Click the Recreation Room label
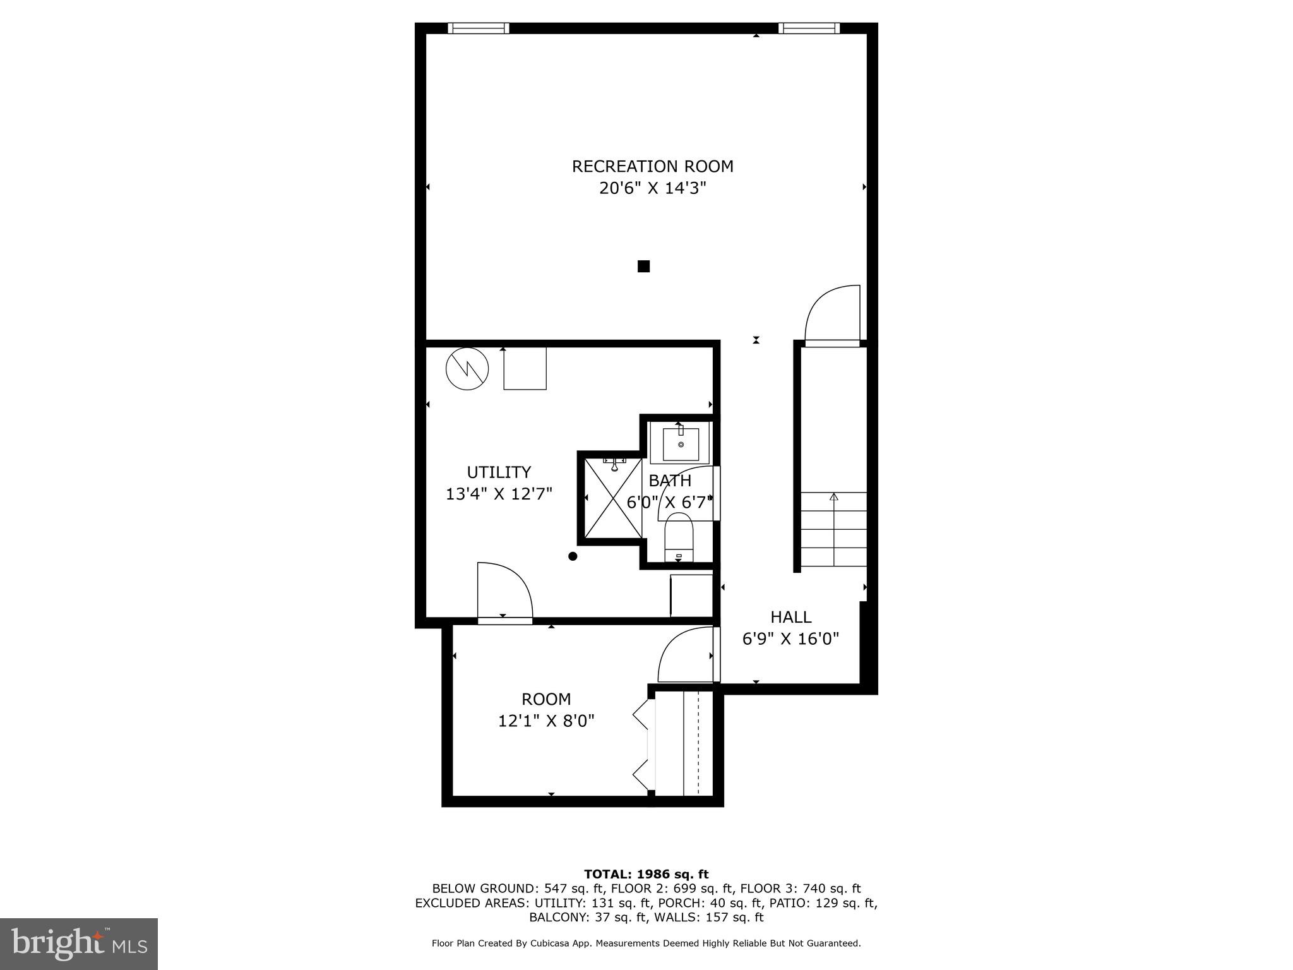point(652,167)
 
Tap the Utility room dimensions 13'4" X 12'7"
point(499,494)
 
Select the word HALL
point(790,617)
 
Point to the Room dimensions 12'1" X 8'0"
point(546,721)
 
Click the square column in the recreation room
point(643,266)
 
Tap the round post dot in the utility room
point(573,556)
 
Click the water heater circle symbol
point(467,369)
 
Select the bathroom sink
point(681,444)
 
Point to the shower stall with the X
point(612,499)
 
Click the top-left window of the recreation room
point(478,28)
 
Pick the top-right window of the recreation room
point(808,28)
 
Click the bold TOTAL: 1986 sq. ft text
point(646,875)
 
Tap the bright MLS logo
point(79,944)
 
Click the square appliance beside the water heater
point(525,369)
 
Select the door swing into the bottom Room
point(686,655)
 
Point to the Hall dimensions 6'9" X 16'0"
point(790,639)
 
